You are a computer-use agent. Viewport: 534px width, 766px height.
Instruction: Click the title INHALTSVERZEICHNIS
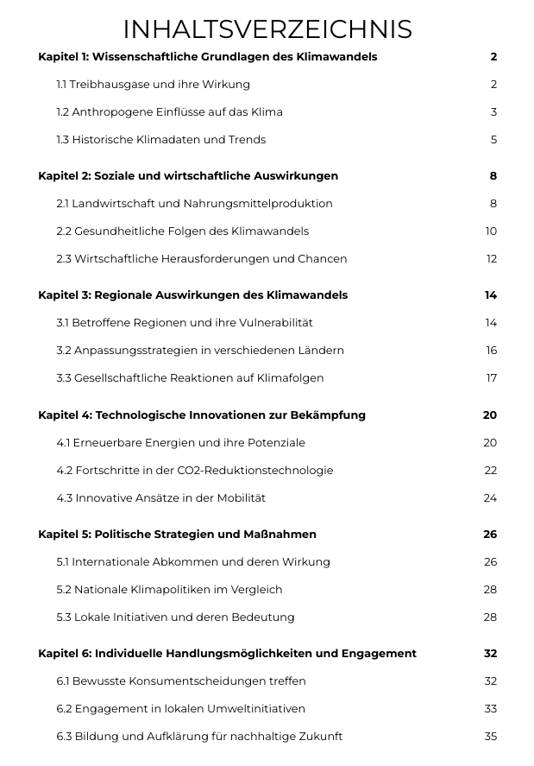[267, 29]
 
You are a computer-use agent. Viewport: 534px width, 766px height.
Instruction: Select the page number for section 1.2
[493, 112]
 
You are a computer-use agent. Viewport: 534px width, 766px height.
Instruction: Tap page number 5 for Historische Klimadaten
[493, 140]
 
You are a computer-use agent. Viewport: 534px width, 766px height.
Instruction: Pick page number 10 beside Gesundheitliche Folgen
[491, 231]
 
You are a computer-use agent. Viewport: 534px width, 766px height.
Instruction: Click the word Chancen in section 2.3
[321, 259]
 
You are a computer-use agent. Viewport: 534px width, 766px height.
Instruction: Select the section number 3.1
[64, 323]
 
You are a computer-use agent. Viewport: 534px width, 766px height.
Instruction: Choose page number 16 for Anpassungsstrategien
[491, 351]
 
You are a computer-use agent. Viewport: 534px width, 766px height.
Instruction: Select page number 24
[490, 498]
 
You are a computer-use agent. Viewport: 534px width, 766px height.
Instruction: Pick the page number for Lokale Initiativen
[490, 617]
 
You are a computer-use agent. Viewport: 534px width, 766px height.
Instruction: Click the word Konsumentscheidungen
[198, 681]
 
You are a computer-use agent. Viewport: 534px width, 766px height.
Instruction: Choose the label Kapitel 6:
[64, 654]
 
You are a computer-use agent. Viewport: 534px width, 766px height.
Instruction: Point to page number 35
[491, 737]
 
